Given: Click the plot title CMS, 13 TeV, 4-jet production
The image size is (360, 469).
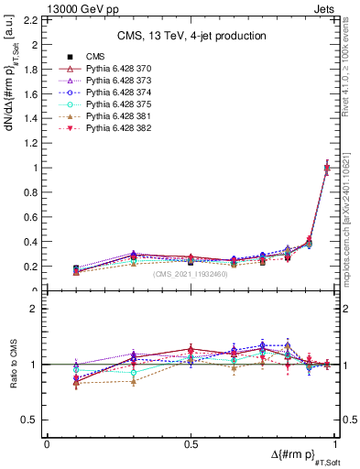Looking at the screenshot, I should point(191,36).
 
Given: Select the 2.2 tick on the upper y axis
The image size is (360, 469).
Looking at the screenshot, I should point(33,19).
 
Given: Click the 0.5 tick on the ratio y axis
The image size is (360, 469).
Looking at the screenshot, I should point(33,420).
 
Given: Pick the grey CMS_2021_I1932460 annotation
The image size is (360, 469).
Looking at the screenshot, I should point(191,274).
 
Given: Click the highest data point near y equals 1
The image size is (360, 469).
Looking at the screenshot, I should point(328,168).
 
